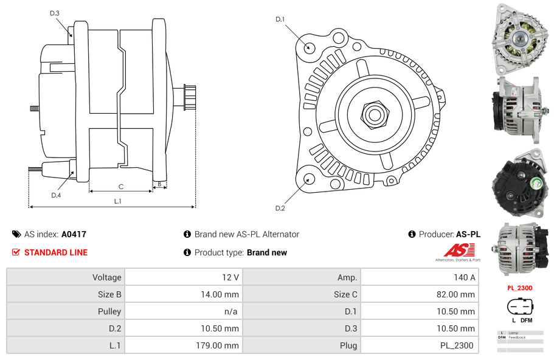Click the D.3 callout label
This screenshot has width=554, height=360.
55,13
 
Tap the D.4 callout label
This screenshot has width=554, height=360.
56,195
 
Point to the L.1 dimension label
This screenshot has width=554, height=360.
118,201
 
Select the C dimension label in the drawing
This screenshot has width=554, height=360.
121,187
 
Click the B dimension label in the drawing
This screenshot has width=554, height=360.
159,184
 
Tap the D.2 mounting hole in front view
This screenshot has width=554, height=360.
308,179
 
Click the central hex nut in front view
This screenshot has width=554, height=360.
374,113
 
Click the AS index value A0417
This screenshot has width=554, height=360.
74,234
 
